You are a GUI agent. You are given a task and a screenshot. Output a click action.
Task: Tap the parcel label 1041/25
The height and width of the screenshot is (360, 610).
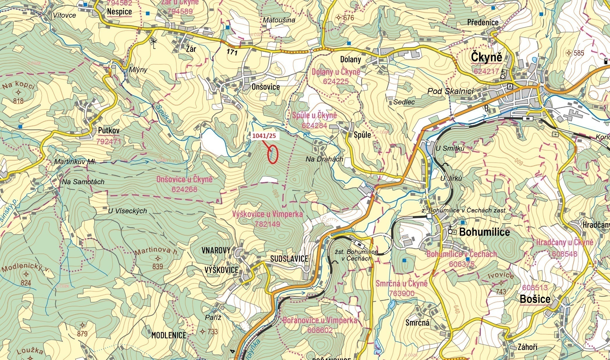264,136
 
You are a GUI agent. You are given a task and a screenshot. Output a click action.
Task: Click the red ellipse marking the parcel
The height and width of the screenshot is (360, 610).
273,154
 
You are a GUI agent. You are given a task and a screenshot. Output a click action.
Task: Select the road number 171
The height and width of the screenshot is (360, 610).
232,53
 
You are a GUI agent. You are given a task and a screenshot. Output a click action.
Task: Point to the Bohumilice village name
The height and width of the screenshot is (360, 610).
484,232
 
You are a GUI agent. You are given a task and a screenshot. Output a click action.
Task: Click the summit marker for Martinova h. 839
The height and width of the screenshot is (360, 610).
158,258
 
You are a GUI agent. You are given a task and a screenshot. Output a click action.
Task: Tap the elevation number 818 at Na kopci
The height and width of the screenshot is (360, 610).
18,101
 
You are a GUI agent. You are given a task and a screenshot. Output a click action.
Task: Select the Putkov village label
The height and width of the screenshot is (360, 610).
109,131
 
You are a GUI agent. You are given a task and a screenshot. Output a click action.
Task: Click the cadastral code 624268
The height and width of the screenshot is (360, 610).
184,189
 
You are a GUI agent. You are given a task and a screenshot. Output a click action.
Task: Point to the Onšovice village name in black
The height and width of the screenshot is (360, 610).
266,87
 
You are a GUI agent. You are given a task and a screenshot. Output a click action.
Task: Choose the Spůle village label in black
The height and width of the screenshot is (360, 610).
362,135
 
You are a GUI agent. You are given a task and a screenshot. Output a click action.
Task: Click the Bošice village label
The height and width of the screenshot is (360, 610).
535,299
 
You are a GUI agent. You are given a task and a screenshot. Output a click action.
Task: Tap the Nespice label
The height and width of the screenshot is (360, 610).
119,12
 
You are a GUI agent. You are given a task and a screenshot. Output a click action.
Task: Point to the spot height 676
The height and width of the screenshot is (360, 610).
348,18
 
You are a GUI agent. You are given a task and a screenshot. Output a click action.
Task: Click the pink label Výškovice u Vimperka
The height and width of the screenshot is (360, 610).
267,214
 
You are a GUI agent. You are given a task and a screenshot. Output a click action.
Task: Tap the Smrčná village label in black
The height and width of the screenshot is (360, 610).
417,322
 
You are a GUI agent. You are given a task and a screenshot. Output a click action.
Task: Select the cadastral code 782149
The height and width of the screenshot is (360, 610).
267,224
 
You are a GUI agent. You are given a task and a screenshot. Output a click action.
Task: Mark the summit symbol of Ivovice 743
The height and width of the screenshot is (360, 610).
501,283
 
